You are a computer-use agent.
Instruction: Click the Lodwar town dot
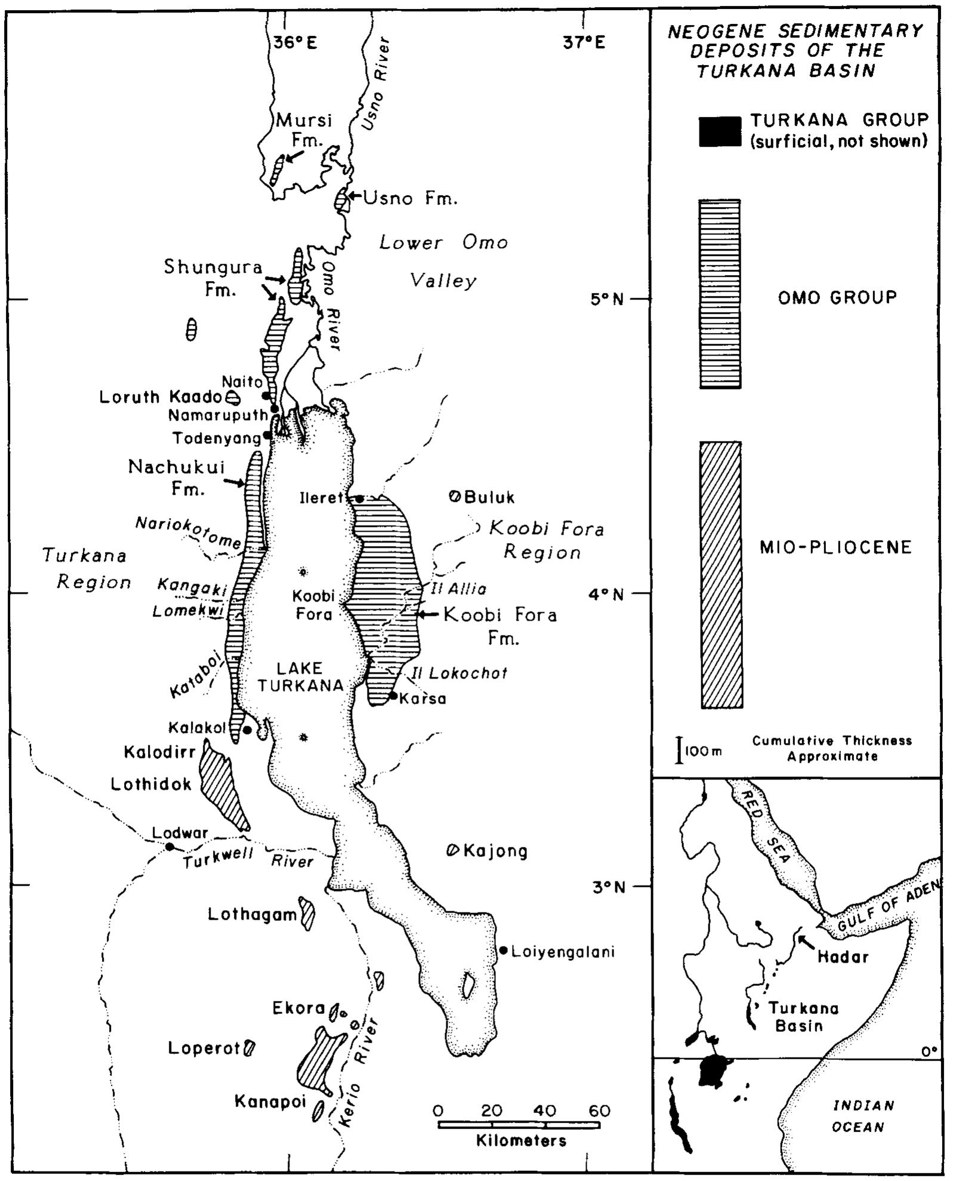[169, 846]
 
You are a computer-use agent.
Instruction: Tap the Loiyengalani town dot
[504, 950]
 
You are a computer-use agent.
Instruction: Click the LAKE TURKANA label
[300, 677]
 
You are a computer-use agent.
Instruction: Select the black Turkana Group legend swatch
[720, 131]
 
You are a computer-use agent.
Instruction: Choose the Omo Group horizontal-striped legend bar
[720, 294]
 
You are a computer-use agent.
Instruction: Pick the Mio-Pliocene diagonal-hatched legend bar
[721, 575]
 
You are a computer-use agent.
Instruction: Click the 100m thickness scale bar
[679, 750]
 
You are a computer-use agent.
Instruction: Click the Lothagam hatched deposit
[307, 914]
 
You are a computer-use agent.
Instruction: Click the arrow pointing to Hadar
[806, 942]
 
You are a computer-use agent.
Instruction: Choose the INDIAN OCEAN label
[864, 1116]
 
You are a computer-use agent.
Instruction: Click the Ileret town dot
[360, 498]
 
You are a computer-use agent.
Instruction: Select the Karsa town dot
[393, 695]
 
